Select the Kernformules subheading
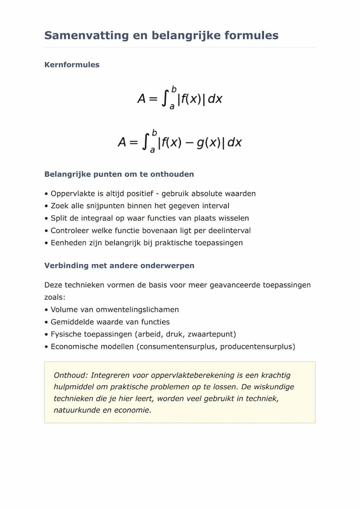pos(72,65)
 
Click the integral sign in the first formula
pos(165,99)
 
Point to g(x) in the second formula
pos(209,143)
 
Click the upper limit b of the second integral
pos(154,133)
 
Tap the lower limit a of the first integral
pos(172,107)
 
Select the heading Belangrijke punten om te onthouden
pos(119,174)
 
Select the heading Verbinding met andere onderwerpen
pos(119,265)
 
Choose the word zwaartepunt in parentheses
pos(213,334)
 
